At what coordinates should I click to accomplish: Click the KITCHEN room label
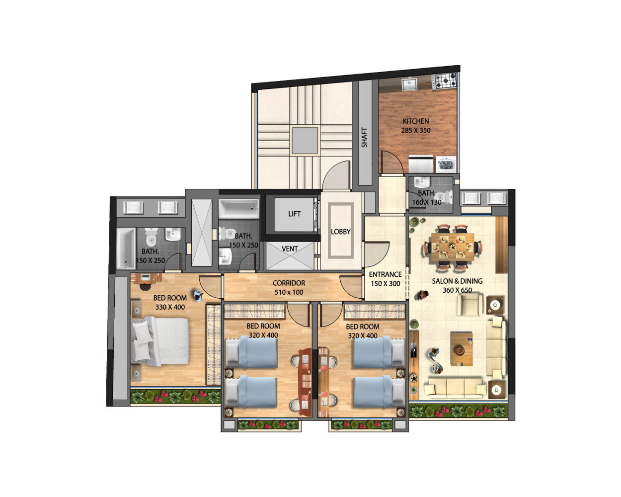tap(415, 121)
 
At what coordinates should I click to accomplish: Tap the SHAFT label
tap(364, 138)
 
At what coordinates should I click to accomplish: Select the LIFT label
tap(294, 214)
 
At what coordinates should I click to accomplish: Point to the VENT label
tap(290, 248)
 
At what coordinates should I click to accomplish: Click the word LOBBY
tap(340, 232)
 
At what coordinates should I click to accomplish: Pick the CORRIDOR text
tap(289, 283)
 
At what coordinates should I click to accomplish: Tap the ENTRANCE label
tap(385, 274)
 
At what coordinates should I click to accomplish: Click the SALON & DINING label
tap(457, 281)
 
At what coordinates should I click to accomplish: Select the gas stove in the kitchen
tap(445, 81)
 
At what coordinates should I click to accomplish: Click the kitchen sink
tap(409, 84)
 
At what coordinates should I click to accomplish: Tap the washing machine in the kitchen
tap(446, 165)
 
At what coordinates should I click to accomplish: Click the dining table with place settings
tap(453, 247)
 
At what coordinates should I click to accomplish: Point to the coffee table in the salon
tap(462, 349)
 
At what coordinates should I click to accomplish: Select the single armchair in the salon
tap(470, 305)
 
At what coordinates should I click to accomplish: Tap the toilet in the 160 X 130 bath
tap(444, 197)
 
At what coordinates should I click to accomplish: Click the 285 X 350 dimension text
tap(415, 131)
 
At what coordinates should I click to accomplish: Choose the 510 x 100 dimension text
tap(289, 292)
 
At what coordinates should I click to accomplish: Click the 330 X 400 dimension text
tap(170, 307)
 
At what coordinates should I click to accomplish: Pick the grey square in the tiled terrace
tap(305, 140)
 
